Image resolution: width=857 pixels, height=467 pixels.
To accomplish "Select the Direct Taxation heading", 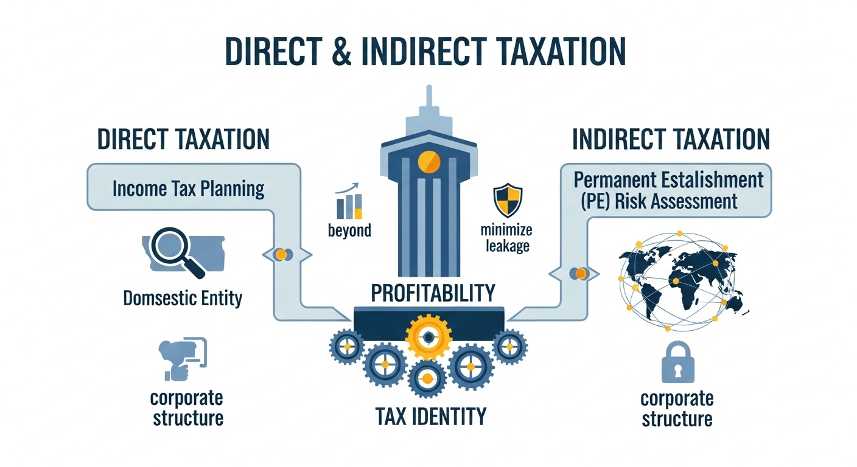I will click(x=183, y=139).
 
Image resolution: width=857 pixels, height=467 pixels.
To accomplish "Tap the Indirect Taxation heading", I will click(x=671, y=139).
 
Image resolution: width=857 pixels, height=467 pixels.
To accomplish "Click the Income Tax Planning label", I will click(x=189, y=189).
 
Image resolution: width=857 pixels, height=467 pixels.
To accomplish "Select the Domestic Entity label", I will click(x=183, y=298).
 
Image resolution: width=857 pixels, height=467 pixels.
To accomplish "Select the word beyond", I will click(x=349, y=231).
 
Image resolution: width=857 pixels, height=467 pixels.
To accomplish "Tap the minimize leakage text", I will click(x=506, y=238).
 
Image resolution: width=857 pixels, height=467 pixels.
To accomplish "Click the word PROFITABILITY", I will click(x=433, y=292).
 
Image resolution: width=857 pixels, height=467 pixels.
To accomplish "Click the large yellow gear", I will click(x=428, y=337).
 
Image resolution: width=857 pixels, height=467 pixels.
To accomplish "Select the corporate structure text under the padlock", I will click(x=677, y=409).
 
